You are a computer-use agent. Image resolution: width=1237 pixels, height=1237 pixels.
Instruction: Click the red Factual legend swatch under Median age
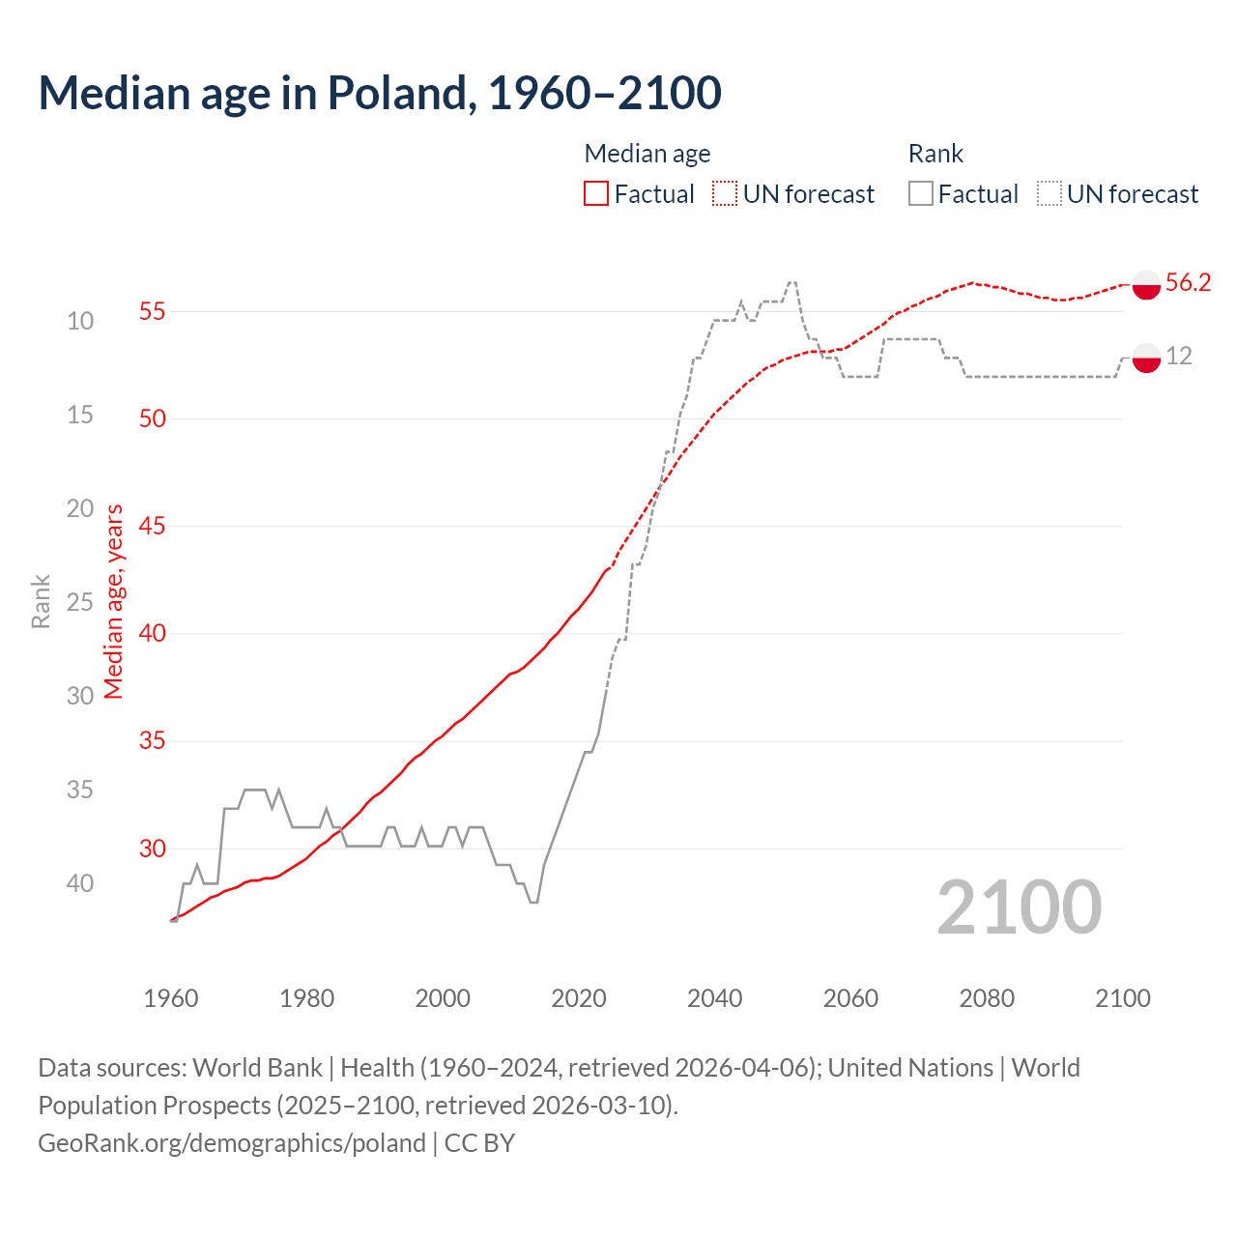pyautogui.click(x=596, y=194)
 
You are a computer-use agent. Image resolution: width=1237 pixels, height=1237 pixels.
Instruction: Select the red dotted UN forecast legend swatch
pyautogui.click(x=725, y=194)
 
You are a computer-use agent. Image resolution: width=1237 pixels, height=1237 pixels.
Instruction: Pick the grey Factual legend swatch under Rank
pyautogui.click(x=921, y=194)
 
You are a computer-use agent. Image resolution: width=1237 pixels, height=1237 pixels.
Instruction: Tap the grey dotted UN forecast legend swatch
pyautogui.click(x=1050, y=194)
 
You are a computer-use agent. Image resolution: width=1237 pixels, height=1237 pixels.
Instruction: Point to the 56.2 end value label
pyautogui.click(x=1188, y=282)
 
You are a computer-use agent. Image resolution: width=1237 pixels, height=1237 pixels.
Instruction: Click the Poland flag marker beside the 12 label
pyautogui.click(x=1146, y=357)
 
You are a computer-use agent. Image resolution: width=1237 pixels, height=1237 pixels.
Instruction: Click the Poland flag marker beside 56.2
pyautogui.click(x=1146, y=285)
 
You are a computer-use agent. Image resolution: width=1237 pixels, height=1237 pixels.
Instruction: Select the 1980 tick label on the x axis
pyautogui.click(x=307, y=998)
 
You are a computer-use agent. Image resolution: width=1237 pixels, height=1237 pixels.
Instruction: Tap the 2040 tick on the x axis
pyautogui.click(x=715, y=998)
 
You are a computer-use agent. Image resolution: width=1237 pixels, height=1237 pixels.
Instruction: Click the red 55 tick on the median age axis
pyautogui.click(x=153, y=311)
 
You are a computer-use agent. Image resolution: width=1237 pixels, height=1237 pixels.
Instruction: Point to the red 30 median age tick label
pyautogui.click(x=153, y=849)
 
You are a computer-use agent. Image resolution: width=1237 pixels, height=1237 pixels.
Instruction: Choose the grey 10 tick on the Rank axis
pyautogui.click(x=80, y=321)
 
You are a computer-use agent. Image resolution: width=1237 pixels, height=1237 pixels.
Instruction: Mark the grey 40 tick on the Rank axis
pyautogui.click(x=80, y=883)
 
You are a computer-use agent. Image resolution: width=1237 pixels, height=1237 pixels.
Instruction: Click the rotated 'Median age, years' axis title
pyautogui.click(x=114, y=601)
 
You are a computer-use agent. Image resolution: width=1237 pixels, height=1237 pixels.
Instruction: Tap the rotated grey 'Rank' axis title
pyautogui.click(x=41, y=601)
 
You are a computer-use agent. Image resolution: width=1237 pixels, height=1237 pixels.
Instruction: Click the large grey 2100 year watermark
pyautogui.click(x=1020, y=907)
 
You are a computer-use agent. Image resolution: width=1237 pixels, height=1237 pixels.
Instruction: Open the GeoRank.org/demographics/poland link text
pyautogui.click(x=232, y=1143)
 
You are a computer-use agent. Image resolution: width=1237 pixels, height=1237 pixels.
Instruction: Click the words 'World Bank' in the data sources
pyautogui.click(x=257, y=1068)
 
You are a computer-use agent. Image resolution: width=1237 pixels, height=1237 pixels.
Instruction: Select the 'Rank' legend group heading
pyautogui.click(x=935, y=154)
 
